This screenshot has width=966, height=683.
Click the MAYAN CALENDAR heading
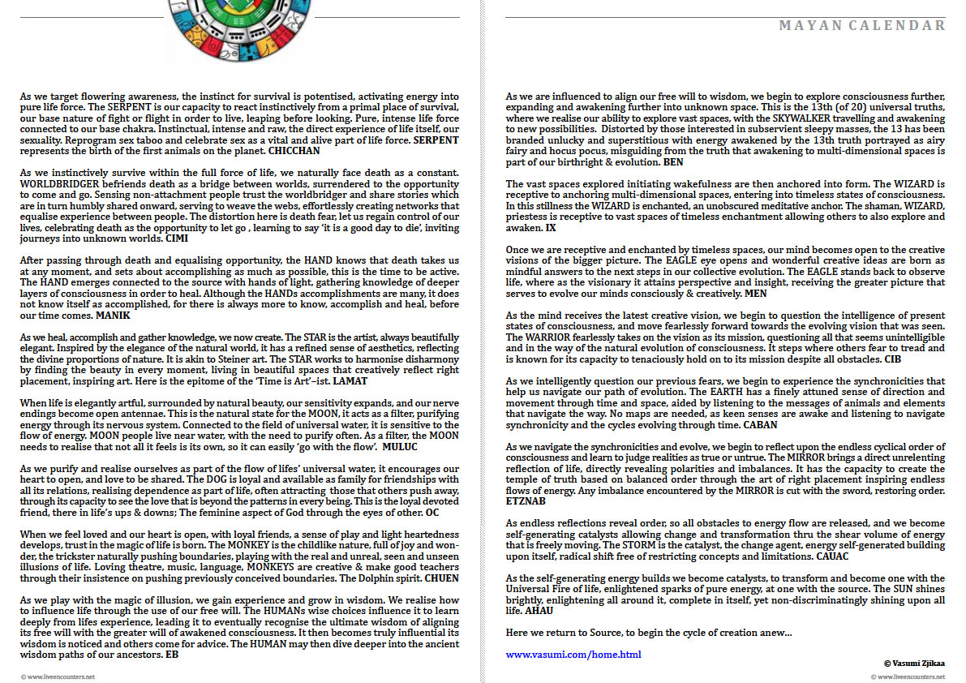[862, 25]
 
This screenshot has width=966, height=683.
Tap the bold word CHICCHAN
[294, 150]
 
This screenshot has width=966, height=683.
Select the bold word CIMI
[176, 239]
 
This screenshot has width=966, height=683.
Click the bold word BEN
[672, 162]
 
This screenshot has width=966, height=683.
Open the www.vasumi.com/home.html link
[573, 654]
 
